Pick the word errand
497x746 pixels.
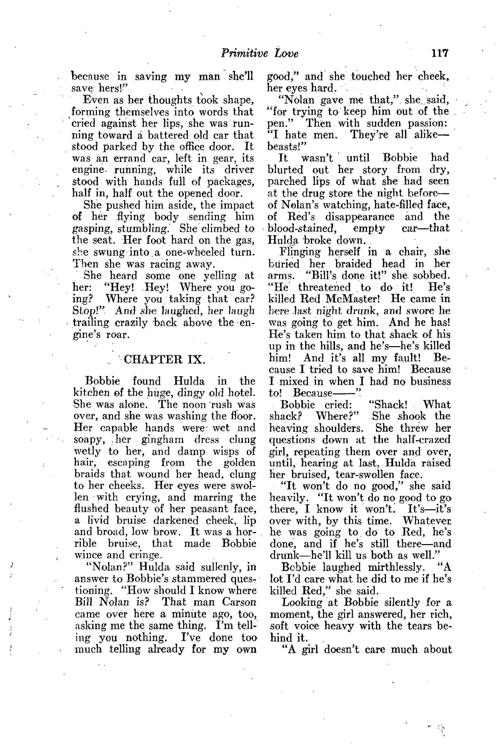(x=128, y=158)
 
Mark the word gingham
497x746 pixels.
(x=162, y=440)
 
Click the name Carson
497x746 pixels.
(x=239, y=602)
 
